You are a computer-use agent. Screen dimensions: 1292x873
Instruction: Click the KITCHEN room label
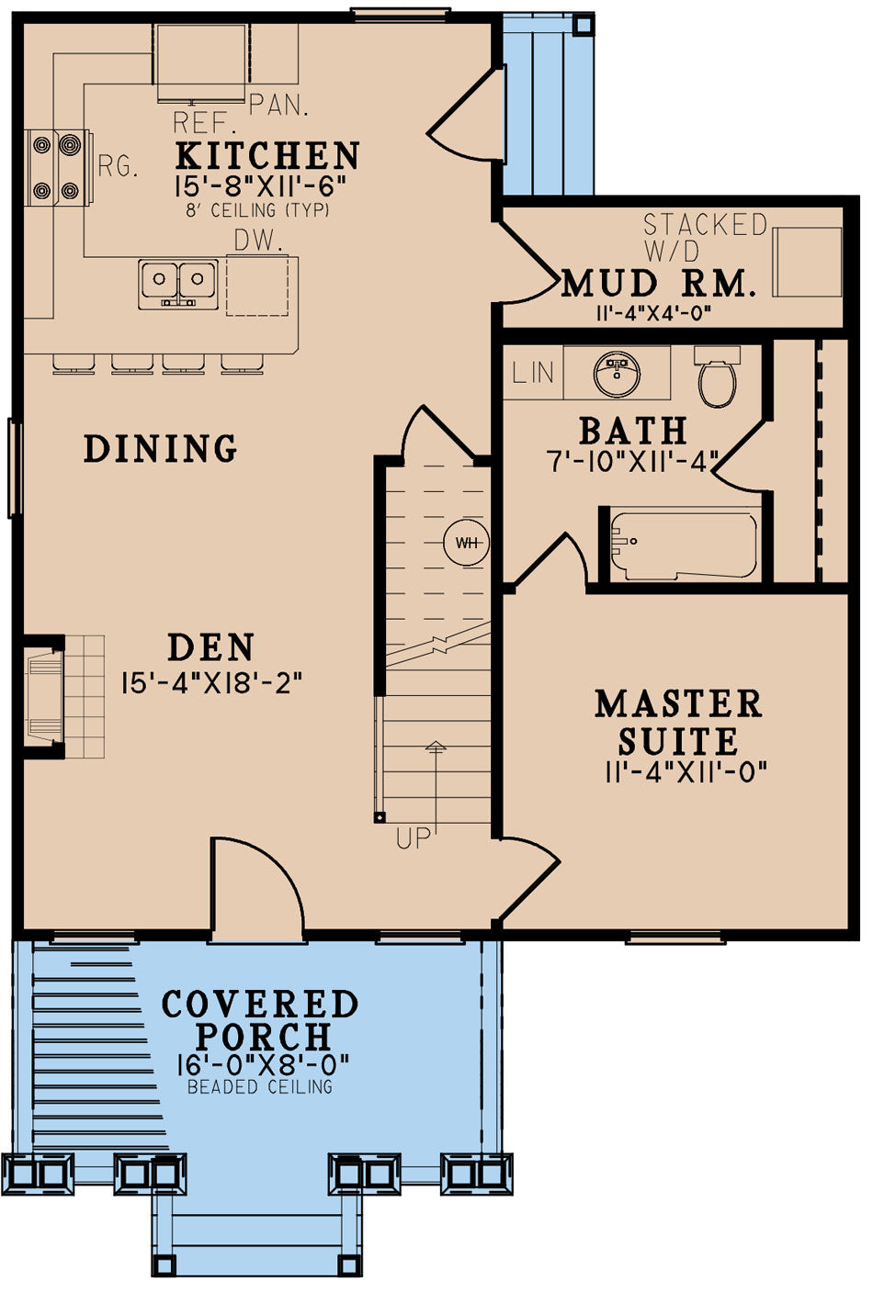266,156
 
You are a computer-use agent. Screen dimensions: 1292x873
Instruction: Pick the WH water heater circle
467,543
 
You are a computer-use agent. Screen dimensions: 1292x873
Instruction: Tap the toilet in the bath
717,377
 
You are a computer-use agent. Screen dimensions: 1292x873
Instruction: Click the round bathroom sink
618,373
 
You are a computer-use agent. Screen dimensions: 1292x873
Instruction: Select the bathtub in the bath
684,545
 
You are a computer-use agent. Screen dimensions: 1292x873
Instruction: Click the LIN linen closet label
533,373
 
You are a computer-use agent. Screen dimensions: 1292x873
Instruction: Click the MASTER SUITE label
678,723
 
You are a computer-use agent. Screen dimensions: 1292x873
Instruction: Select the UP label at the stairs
414,837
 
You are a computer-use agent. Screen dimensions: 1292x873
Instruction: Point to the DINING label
161,449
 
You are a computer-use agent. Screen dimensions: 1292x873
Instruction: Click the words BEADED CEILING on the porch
259,1087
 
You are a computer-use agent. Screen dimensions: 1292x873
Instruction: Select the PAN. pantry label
278,104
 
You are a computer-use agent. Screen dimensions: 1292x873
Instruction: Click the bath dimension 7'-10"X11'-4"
632,461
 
